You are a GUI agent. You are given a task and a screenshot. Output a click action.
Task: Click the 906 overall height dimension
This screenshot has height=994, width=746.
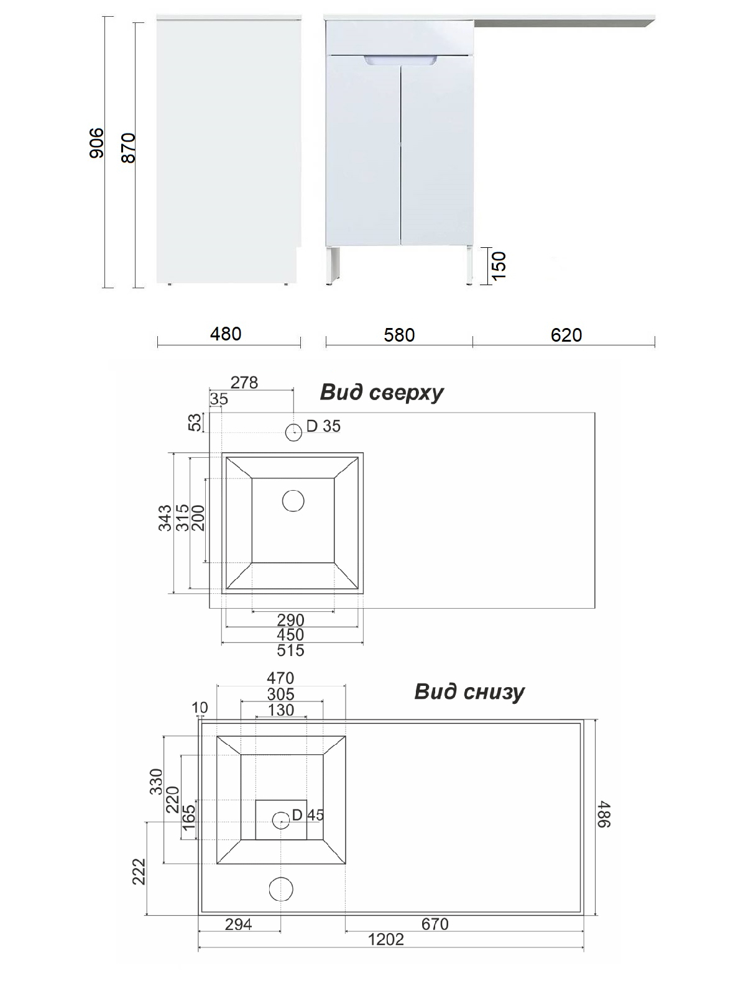click(96, 143)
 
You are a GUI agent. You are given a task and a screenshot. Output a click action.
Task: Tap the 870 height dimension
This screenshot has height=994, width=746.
click(128, 148)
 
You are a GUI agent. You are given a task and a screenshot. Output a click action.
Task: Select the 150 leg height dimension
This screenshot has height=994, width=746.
click(499, 265)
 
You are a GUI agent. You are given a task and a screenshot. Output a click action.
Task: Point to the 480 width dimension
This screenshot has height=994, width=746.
click(226, 334)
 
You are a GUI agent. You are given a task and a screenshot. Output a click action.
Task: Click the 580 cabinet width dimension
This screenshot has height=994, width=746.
click(399, 335)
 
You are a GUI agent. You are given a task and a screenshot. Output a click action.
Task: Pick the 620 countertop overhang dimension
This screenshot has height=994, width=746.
click(566, 335)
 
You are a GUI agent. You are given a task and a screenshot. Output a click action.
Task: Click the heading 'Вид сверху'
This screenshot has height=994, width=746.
click(381, 393)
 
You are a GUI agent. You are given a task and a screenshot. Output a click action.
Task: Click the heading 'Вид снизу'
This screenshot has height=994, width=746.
click(469, 692)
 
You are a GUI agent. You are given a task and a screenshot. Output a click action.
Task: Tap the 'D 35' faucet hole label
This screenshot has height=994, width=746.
click(323, 426)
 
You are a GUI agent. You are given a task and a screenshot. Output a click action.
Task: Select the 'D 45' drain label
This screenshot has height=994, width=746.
click(308, 815)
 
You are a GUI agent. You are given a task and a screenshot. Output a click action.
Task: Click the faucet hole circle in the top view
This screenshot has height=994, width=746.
click(294, 432)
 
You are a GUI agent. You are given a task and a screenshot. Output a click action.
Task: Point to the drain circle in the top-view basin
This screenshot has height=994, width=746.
click(293, 501)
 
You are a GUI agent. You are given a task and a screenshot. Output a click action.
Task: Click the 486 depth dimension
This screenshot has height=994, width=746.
click(605, 814)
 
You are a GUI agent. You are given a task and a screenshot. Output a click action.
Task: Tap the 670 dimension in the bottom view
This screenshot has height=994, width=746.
click(435, 924)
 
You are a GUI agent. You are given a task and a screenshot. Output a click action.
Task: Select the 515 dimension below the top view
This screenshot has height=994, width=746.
click(290, 650)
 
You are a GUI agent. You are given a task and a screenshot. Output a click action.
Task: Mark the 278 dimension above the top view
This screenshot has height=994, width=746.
click(244, 383)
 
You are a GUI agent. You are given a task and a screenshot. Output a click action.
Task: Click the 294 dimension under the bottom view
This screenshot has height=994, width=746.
click(238, 924)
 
